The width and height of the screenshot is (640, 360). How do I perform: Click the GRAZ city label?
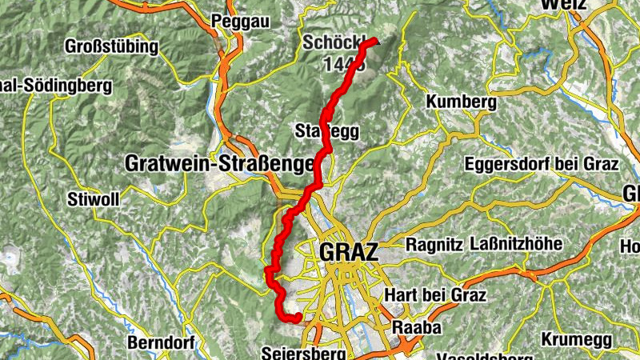347,252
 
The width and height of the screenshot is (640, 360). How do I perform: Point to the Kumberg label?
462,102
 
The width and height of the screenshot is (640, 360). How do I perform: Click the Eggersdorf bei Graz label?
542,165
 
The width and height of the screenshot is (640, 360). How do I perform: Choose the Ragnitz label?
434,244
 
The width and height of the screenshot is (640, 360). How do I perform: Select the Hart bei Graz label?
435,295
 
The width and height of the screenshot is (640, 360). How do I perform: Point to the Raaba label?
414,327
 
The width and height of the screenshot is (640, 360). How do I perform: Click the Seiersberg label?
303,353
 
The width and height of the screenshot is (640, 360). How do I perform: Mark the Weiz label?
563,5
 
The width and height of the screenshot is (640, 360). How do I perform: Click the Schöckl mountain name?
327,42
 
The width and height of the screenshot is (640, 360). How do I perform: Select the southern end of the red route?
298,318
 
